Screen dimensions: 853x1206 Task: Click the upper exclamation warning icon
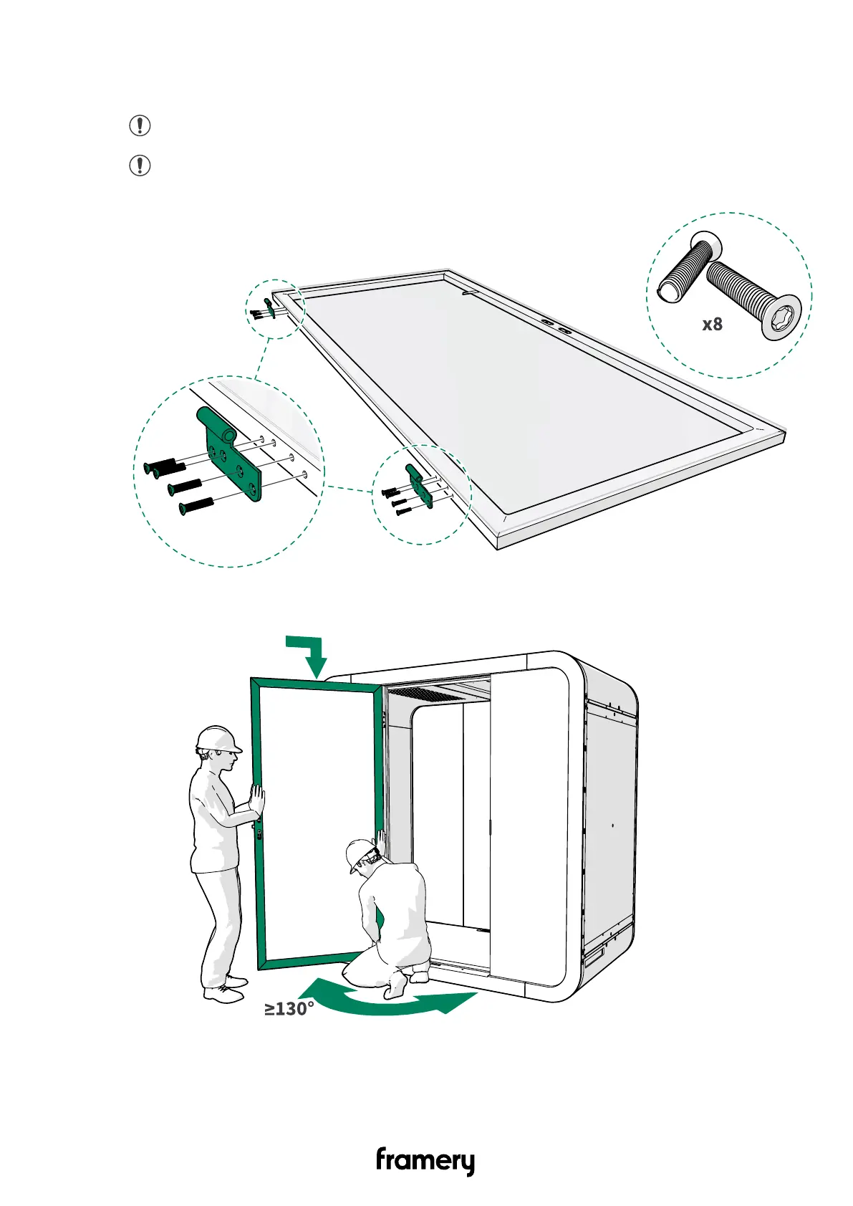point(140,126)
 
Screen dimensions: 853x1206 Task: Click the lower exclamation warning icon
point(140,166)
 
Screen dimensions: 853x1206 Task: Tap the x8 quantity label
point(712,325)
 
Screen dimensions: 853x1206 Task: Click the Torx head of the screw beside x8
point(780,317)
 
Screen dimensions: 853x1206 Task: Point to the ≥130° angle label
point(289,1009)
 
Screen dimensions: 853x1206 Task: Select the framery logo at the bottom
point(425,1162)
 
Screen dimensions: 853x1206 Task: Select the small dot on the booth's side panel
point(613,825)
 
